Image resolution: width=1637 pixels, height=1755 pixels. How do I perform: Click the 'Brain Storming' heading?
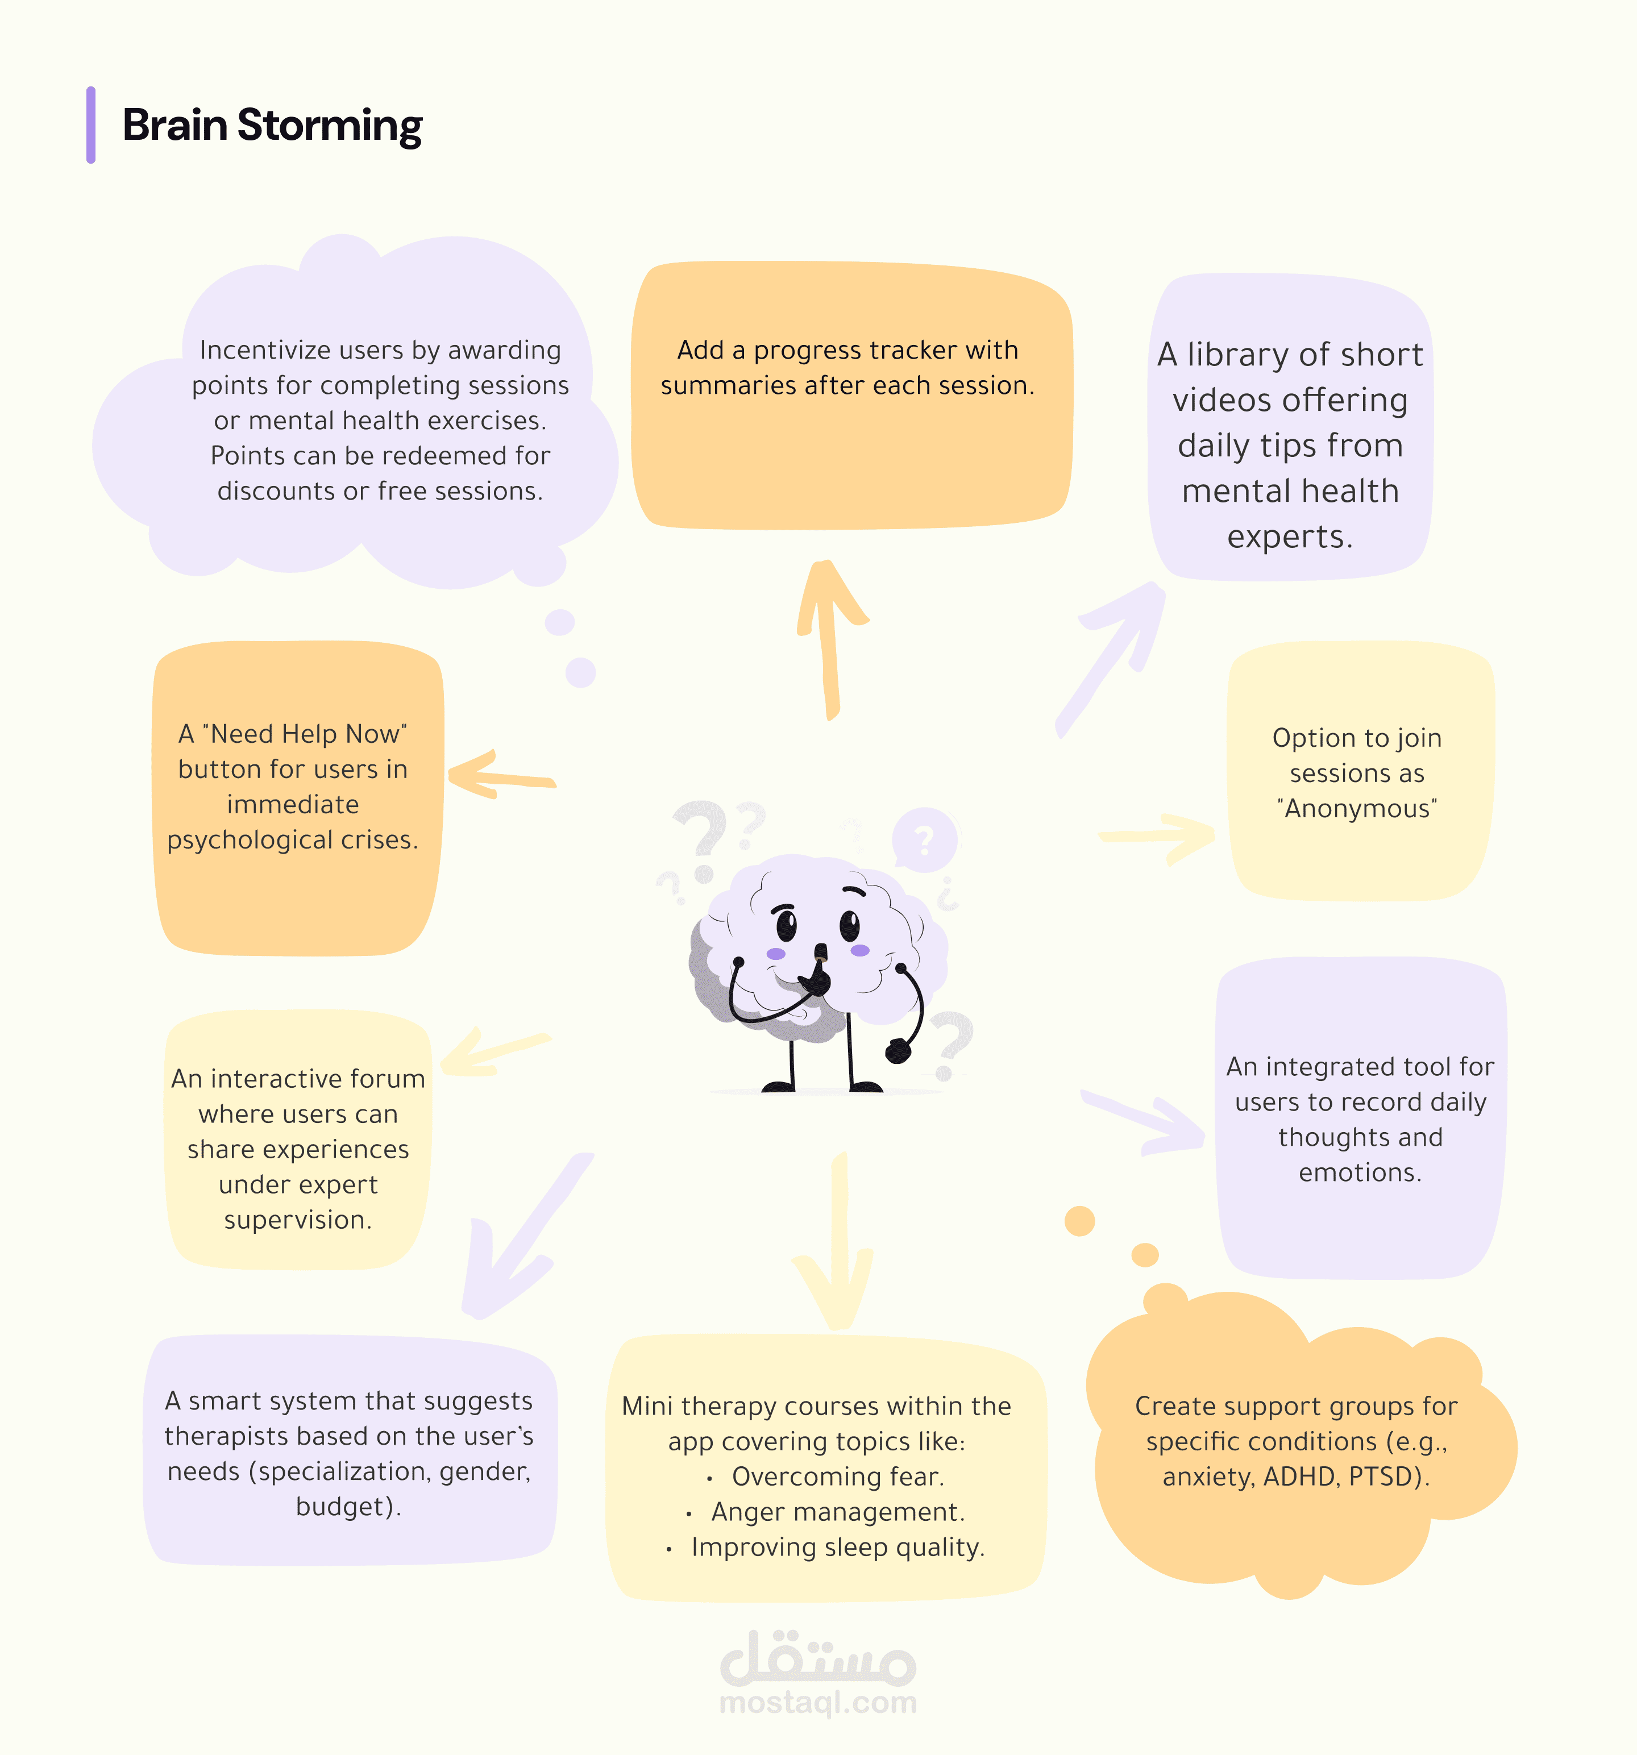(x=272, y=126)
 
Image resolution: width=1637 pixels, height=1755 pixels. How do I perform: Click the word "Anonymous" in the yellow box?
(x=1358, y=809)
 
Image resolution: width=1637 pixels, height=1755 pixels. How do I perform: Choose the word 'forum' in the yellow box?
(x=388, y=1079)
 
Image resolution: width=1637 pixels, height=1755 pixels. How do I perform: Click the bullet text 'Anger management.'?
(x=838, y=1512)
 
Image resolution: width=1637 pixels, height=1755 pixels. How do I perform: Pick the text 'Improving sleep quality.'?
(x=838, y=1548)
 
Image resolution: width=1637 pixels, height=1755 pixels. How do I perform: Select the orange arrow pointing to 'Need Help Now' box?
(x=500, y=776)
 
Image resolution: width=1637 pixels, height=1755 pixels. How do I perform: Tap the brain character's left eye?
(x=786, y=925)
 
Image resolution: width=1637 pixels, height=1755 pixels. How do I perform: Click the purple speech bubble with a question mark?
(x=924, y=839)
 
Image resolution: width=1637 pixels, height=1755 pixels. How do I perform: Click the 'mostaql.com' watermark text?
(x=818, y=1702)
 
